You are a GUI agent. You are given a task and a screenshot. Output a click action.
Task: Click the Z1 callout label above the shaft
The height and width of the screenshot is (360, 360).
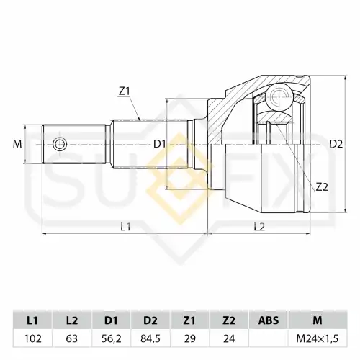124,91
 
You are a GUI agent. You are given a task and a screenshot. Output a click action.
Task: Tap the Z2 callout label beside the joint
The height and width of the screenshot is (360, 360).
322,187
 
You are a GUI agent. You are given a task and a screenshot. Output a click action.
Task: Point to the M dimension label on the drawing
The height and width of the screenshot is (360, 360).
17,144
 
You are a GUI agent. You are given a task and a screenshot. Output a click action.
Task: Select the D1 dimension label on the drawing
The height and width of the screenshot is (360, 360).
160,144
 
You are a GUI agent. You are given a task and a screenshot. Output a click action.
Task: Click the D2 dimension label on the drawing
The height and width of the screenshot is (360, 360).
336,144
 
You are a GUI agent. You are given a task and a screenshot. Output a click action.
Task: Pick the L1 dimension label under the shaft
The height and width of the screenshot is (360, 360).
125,227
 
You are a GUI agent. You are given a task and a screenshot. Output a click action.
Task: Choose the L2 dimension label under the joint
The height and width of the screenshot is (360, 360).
259,227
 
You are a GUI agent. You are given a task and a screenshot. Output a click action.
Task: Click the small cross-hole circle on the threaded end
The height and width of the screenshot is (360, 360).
59,144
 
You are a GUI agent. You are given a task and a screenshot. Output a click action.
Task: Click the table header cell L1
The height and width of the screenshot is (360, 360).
32,320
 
